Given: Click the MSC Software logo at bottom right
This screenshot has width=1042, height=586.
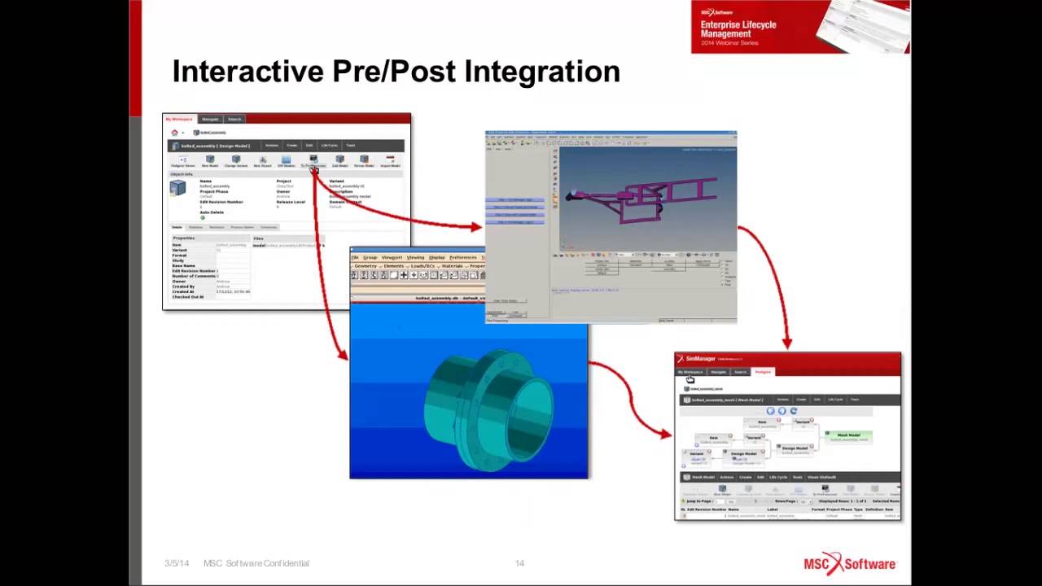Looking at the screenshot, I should tap(849, 563).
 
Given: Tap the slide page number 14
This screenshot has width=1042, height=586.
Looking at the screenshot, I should tap(519, 563).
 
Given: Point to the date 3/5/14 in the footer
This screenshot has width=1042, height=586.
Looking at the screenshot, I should tap(177, 563).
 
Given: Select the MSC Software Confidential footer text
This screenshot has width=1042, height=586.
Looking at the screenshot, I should tap(256, 563).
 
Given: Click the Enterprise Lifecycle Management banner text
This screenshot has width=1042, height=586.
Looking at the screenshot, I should tap(738, 29).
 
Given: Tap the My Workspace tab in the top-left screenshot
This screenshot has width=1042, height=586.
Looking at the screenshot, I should tap(179, 119).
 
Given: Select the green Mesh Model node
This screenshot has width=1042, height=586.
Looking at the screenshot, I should tap(848, 436).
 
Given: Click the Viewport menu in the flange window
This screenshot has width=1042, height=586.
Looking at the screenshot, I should tap(392, 257).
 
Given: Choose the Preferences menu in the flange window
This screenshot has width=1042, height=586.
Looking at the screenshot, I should tap(462, 257).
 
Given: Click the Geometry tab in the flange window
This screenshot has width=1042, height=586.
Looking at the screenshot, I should tap(366, 266).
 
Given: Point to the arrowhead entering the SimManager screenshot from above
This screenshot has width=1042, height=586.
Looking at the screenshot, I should tap(786, 345).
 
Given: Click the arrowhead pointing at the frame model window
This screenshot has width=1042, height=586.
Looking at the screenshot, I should tap(477, 227).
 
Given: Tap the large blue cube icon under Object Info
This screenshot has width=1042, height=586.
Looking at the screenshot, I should tap(177, 189).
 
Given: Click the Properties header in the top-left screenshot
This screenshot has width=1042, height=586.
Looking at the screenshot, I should tap(184, 238).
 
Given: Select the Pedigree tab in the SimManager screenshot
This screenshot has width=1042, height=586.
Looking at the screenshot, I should tap(763, 372).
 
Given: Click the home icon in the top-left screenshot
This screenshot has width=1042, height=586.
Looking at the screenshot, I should tap(174, 133).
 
